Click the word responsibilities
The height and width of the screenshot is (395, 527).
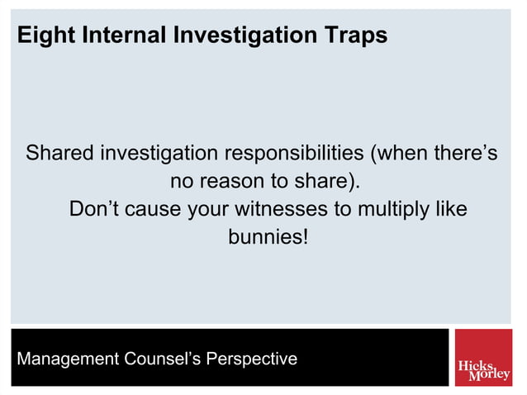tap(295, 154)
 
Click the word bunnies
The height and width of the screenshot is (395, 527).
tap(263, 237)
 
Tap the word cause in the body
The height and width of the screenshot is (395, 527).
tap(153, 209)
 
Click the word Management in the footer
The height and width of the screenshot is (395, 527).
tap(67, 359)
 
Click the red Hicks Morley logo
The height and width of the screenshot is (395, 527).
tap(482, 358)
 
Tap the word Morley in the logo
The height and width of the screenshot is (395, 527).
tap(489, 374)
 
